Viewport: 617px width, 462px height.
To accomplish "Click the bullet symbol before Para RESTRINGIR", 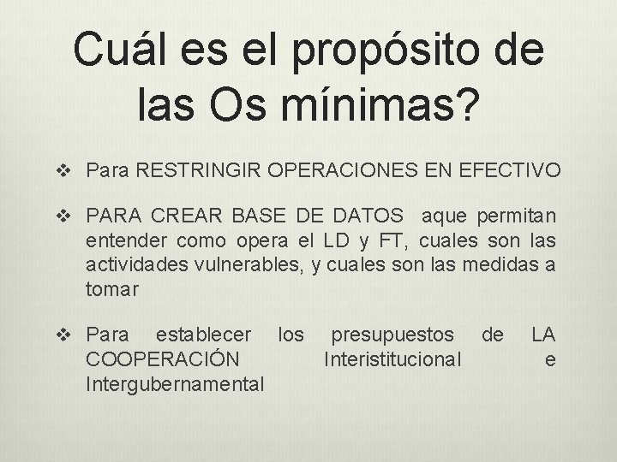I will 72,172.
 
